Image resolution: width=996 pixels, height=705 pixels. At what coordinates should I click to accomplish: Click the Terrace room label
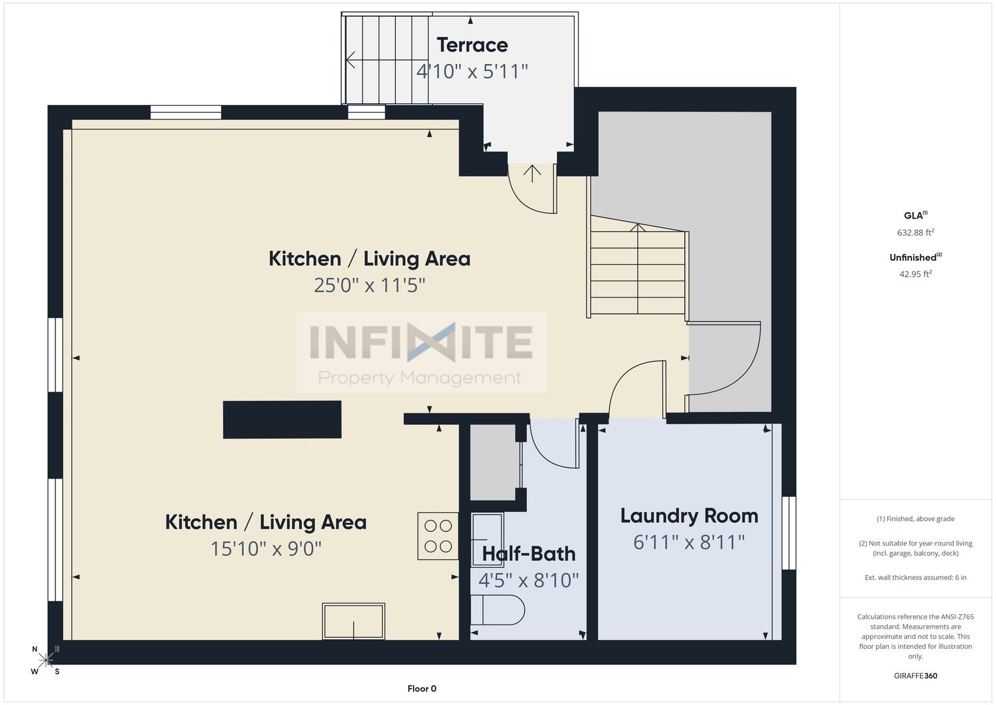(x=472, y=45)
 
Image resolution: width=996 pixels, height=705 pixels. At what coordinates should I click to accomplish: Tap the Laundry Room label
(x=689, y=516)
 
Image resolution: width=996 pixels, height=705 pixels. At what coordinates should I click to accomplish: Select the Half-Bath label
(x=529, y=554)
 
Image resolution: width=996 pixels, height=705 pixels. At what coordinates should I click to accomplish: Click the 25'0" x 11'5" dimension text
(x=369, y=285)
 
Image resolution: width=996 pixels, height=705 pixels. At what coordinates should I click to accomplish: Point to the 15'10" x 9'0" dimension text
(x=265, y=549)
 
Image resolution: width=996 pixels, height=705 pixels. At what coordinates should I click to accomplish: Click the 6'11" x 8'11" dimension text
(x=689, y=542)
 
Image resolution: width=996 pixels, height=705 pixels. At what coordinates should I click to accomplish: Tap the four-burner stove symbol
(x=438, y=536)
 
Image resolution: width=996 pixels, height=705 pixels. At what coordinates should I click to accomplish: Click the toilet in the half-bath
(x=498, y=610)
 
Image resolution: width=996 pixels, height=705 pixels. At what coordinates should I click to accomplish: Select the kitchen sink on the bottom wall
(x=354, y=621)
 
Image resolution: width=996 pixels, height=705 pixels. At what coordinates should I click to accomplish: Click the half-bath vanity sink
(x=487, y=540)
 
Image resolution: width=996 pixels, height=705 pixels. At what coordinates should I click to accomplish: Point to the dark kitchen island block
(x=282, y=420)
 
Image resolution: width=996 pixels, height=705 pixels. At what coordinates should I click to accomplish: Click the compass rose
(x=46, y=659)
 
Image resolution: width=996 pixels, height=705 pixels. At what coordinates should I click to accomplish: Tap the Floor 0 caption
(x=422, y=689)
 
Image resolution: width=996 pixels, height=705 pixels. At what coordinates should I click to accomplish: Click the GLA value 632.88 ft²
(x=916, y=232)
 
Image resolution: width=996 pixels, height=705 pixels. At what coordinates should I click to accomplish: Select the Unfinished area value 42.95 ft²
(x=916, y=274)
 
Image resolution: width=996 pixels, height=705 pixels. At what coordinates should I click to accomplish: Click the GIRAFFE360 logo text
(x=916, y=676)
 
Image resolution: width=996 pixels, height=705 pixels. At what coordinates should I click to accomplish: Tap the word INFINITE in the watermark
(x=421, y=342)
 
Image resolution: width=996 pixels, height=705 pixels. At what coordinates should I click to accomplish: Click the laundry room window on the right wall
(x=789, y=533)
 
